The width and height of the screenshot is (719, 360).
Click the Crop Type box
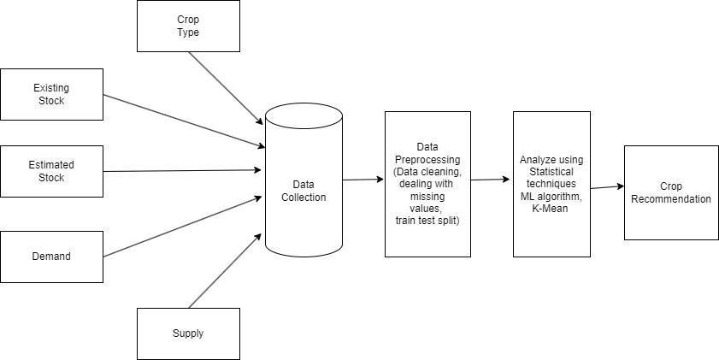click(x=188, y=26)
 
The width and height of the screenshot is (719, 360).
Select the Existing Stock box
click(x=51, y=94)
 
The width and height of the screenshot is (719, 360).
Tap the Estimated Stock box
click(x=51, y=171)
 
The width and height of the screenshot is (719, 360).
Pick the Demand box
click(x=51, y=257)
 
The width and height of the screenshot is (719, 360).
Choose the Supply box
click(x=188, y=333)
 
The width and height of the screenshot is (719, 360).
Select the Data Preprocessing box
click(x=427, y=184)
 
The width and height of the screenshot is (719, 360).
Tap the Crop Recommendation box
click(x=671, y=192)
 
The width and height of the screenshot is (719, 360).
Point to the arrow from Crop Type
click(x=225, y=88)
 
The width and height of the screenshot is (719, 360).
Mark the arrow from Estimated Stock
click(x=181, y=171)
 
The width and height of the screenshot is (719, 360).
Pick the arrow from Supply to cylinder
click(x=225, y=270)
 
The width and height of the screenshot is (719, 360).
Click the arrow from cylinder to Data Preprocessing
click(x=363, y=180)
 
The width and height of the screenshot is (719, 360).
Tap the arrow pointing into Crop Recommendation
click(x=607, y=187)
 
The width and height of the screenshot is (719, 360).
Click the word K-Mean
click(x=551, y=209)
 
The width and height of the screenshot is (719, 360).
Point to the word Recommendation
click(x=671, y=199)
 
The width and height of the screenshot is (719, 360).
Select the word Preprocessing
click(x=427, y=159)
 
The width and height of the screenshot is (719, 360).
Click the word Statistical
click(x=551, y=172)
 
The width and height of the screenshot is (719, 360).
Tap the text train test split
click(x=427, y=221)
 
